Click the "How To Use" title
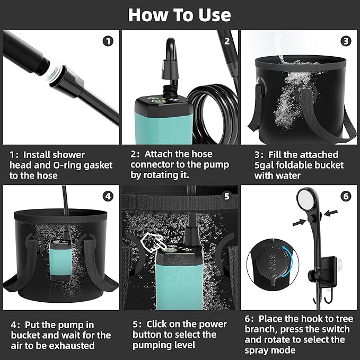180,15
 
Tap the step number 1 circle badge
108,40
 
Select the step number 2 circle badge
227,40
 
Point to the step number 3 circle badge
346,40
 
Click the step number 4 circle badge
108,196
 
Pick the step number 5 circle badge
227,196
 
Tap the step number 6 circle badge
346,196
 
